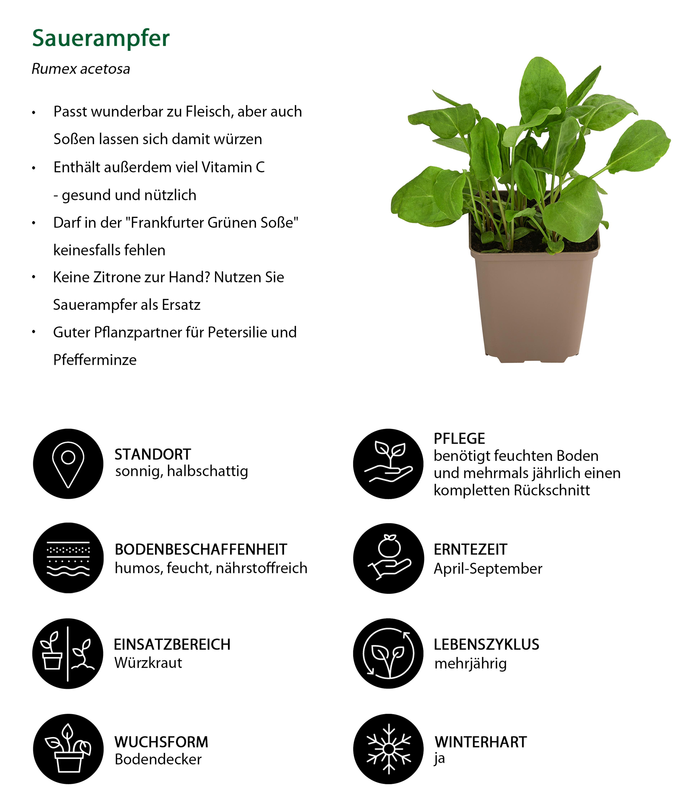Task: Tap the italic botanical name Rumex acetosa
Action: tap(81, 69)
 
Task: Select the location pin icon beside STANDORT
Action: tap(68, 464)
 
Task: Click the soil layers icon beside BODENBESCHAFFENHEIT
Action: tap(68, 558)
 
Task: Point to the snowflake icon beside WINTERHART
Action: tap(388, 749)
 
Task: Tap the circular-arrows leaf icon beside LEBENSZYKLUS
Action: tap(388, 653)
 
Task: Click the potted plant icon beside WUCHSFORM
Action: tap(68, 749)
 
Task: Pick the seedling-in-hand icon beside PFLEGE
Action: tap(388, 464)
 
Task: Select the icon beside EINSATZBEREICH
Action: tap(68, 653)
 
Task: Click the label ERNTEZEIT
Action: tap(470, 550)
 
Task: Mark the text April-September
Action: tap(488, 569)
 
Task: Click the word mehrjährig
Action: tap(470, 663)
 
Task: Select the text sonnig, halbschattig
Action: tap(181, 471)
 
